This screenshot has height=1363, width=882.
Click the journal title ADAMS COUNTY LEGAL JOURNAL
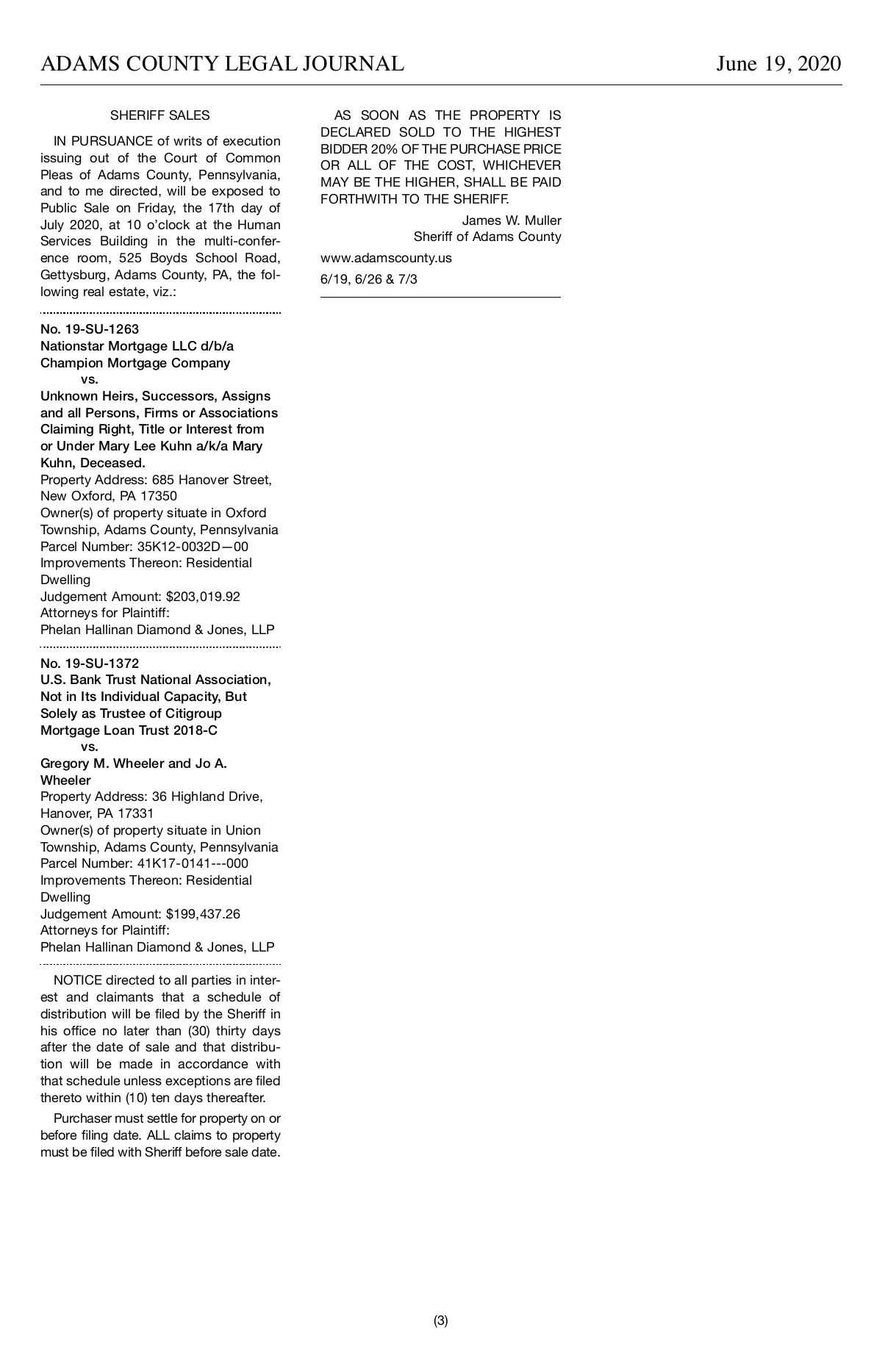(222, 64)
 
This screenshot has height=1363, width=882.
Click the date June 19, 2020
(778, 64)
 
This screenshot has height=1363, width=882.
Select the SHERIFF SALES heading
(159, 115)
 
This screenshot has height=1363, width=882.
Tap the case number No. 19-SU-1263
(90, 329)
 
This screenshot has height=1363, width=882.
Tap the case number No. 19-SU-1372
(90, 663)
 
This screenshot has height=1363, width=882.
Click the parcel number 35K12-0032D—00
(193, 547)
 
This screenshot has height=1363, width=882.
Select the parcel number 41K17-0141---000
(193, 863)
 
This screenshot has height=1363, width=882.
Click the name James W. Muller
(512, 220)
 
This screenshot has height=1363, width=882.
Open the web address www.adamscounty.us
(386, 258)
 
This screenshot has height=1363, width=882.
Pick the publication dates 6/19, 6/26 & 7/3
(369, 279)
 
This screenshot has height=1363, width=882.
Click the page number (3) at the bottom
(441, 1320)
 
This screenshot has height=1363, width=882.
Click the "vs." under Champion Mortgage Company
(89, 380)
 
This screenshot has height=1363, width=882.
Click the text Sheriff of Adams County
(487, 237)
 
